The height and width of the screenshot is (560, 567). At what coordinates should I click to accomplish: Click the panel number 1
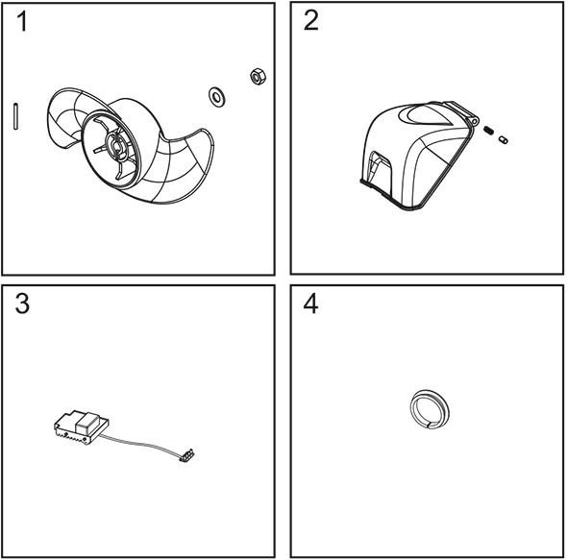(22, 21)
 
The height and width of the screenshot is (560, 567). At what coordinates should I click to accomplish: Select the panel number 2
(311, 20)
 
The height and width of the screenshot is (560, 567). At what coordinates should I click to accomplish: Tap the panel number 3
(22, 304)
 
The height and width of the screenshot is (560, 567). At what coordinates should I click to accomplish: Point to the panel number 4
(310, 304)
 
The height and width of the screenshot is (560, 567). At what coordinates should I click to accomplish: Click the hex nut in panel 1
(258, 77)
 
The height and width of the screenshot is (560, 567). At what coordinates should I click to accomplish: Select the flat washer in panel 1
(216, 97)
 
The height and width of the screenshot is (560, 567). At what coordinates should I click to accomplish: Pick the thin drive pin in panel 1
(15, 116)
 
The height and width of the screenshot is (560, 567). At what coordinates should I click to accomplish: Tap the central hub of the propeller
(116, 146)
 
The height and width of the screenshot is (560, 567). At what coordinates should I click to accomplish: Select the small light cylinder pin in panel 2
(503, 139)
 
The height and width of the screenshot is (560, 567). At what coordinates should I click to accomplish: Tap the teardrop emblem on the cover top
(425, 115)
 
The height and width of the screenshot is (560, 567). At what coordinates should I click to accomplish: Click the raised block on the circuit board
(87, 423)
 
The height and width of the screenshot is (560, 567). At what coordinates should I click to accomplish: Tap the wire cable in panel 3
(141, 443)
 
